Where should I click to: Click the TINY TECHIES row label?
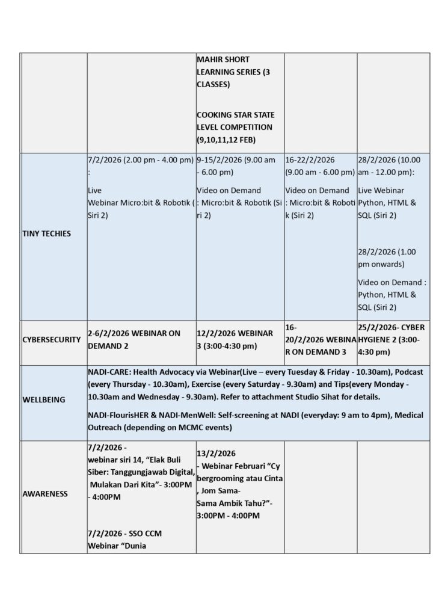tap(46, 233)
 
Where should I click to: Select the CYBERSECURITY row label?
tap(51, 339)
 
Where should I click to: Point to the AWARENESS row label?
tap(45, 494)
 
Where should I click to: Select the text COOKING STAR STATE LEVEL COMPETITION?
tap(235, 120)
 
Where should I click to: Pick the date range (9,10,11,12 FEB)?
tap(226, 140)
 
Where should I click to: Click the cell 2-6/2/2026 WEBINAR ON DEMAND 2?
tap(134, 339)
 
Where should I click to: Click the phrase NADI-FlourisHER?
tap(118, 415)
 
